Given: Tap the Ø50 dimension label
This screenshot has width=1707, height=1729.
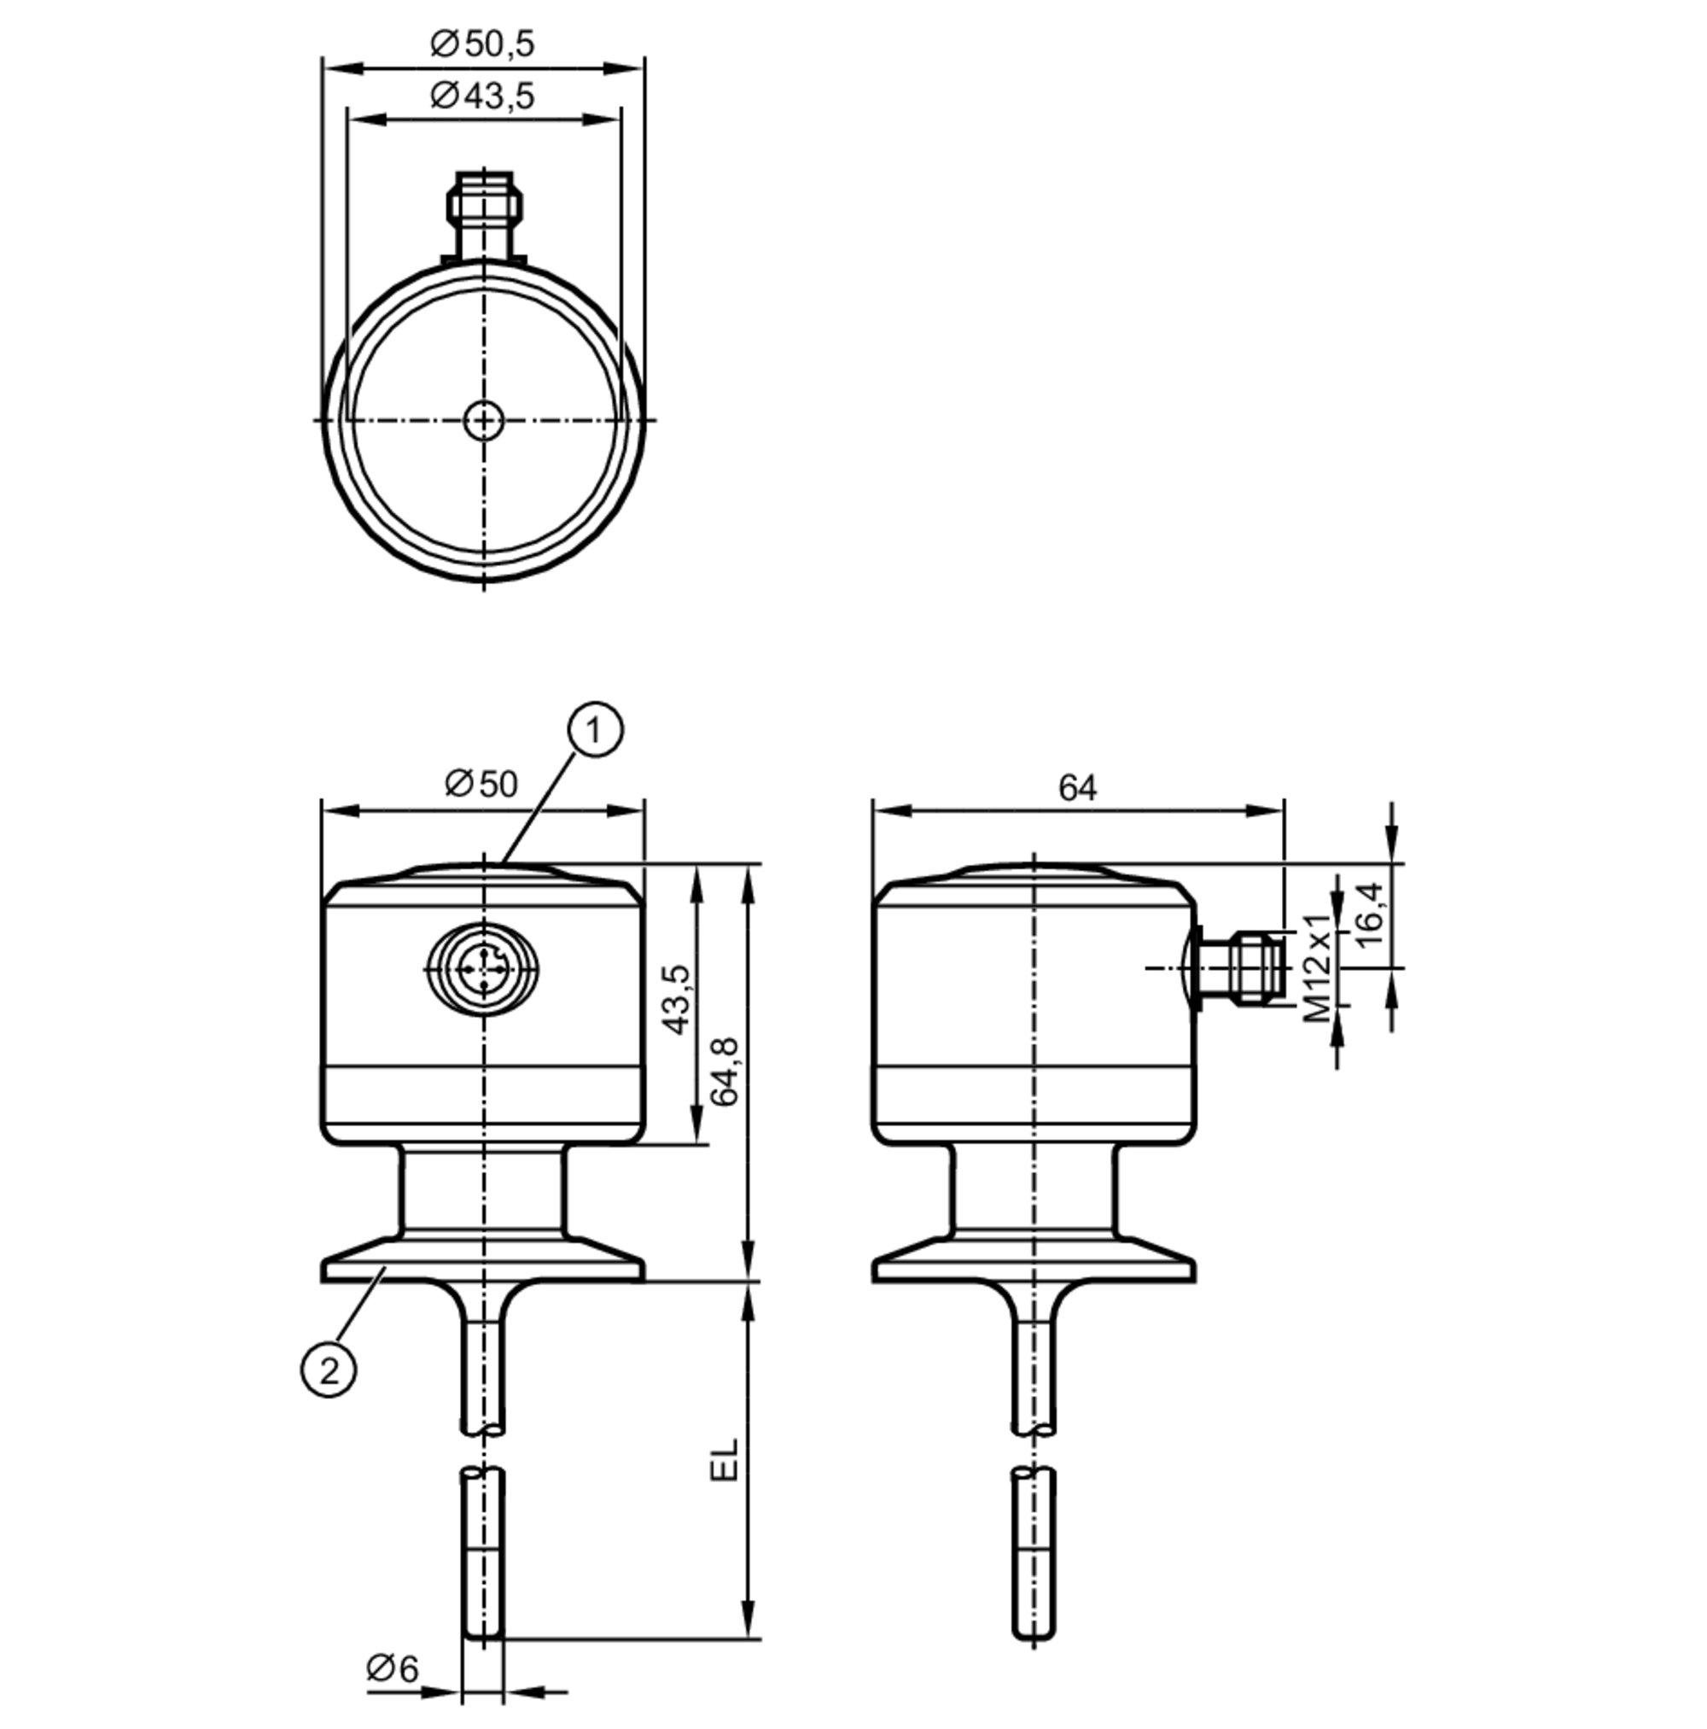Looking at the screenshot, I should pos(481,784).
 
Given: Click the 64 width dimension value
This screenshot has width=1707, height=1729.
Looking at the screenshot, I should pos(1076,787).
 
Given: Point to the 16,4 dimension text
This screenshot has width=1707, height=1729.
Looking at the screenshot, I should pos(1369,914).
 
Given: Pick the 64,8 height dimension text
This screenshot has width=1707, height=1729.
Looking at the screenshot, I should pos(724,1072).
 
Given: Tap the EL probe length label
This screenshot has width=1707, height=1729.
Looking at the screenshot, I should pos(724,1461).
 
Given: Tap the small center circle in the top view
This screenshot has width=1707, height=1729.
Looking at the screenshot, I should pos(484,420).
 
